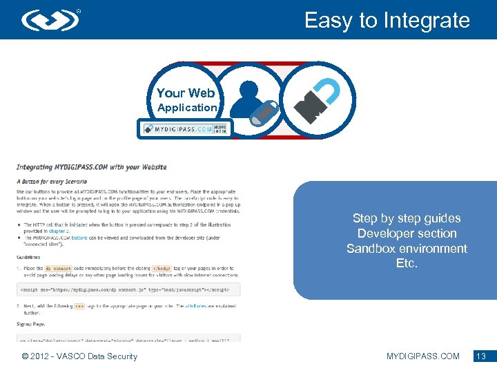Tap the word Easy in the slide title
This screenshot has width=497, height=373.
click(x=329, y=21)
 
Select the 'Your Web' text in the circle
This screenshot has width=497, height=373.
click(x=186, y=93)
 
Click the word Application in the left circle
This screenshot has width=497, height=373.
click(x=186, y=108)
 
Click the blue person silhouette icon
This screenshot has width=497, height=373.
click(x=247, y=98)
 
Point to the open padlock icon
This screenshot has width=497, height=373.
click(x=318, y=99)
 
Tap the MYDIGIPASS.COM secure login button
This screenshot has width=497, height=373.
click(x=185, y=128)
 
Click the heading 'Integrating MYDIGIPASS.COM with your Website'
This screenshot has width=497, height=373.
click(x=91, y=167)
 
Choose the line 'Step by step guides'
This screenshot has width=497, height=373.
click(x=407, y=218)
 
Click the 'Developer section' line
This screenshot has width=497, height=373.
click(x=407, y=233)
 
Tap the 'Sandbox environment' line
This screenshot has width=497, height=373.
click(x=407, y=249)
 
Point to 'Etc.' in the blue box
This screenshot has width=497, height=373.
click(x=407, y=264)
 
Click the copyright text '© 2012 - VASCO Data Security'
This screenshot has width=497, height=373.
click(x=79, y=356)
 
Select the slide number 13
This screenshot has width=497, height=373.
click(x=481, y=356)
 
